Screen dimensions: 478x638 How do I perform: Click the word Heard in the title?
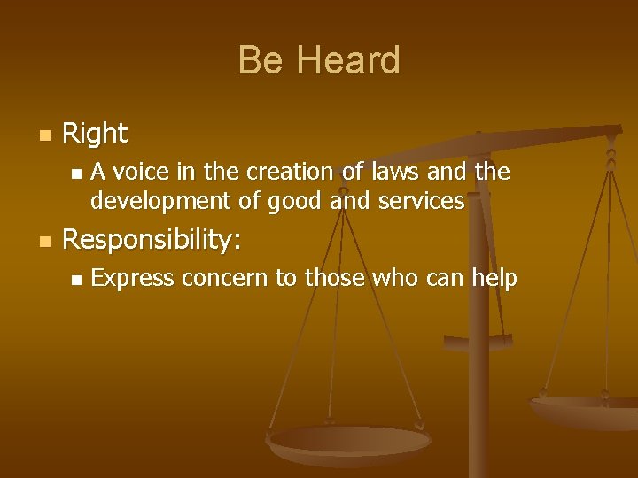347,61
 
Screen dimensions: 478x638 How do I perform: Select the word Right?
95,134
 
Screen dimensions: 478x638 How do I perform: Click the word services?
421,201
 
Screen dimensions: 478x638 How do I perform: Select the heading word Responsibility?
152,241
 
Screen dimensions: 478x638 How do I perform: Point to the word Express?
135,279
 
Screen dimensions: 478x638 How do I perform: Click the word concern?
227,279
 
